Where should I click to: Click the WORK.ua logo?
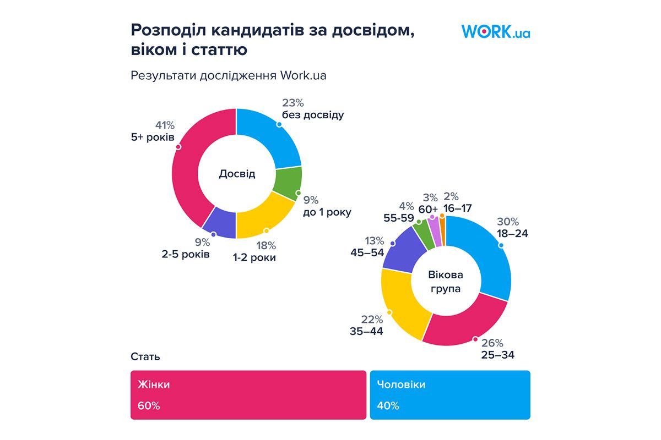click(x=495, y=31)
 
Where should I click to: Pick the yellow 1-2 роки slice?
click(x=264, y=217)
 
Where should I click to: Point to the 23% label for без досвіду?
click(x=293, y=103)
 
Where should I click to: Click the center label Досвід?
click(x=237, y=174)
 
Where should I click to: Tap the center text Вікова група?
click(x=446, y=281)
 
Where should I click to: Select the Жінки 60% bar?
click(x=248, y=395)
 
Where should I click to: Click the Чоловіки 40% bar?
click(x=449, y=395)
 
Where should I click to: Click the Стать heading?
click(x=145, y=356)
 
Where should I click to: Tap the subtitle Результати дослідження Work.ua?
click(x=228, y=75)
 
